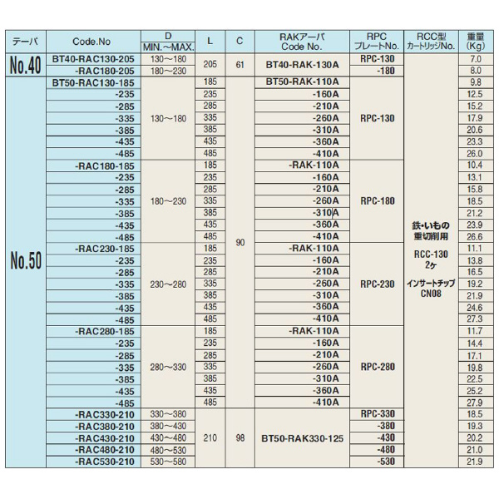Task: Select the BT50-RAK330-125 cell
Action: pos(304,437)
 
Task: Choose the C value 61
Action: pos(240,67)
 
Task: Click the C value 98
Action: pos(240,437)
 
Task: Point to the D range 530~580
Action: pos(168,461)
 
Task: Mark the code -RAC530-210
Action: pos(103,461)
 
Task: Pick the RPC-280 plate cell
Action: pos(378,366)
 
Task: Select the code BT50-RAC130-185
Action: pos(93,84)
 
